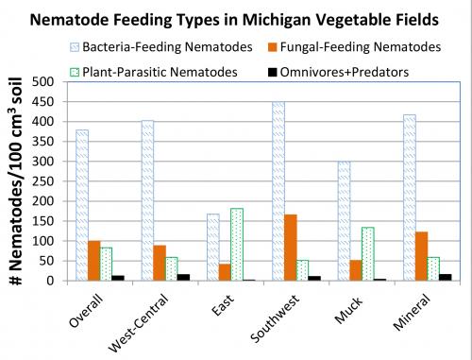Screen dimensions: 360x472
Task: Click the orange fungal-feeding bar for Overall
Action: [x=94, y=261]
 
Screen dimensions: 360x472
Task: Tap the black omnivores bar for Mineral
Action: [x=418, y=277]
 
